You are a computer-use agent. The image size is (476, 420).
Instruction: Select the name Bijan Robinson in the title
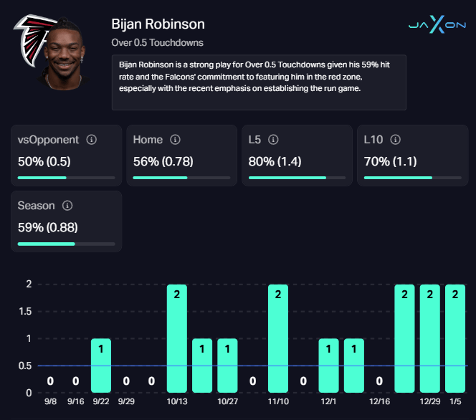pyautogui.click(x=158, y=24)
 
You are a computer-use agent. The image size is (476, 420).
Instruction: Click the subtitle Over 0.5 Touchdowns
pyautogui.click(x=158, y=43)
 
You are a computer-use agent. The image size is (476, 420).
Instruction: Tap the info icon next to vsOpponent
pyautogui.click(x=92, y=140)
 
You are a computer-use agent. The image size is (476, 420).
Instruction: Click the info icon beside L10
pyautogui.click(x=394, y=140)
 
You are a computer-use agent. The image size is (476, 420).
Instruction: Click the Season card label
pyautogui.click(x=36, y=206)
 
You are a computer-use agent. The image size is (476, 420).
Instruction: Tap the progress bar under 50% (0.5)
pyautogui.click(x=66, y=177)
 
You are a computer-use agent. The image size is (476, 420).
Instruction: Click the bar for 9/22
pyautogui.click(x=101, y=366)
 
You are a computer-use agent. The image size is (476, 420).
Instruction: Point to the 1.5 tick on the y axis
pyautogui.click(x=24, y=311)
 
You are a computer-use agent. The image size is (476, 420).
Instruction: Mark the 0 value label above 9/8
pyautogui.click(x=50, y=381)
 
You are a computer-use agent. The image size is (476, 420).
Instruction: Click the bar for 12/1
pyautogui.click(x=328, y=366)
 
